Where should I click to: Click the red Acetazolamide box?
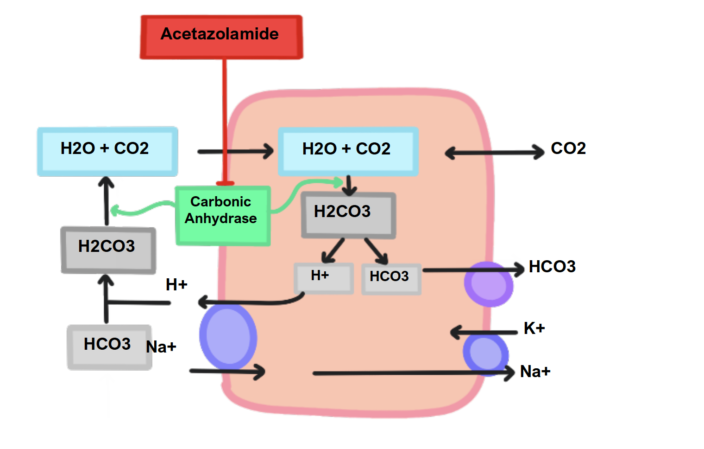[221, 37]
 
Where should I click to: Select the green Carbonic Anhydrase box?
[222, 215]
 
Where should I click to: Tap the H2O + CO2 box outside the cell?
[107, 151]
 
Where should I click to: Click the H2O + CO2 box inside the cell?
[348, 151]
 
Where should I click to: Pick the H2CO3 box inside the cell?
[348, 215]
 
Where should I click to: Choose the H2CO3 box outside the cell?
[108, 250]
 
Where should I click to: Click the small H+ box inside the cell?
[323, 278]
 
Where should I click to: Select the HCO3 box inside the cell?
[391, 279]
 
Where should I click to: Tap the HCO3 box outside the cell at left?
[109, 346]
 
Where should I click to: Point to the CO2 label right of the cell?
[568, 148]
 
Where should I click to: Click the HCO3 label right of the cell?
[552, 267]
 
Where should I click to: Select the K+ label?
[534, 328]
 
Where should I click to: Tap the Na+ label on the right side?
[535, 372]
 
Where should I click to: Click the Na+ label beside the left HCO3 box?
[161, 347]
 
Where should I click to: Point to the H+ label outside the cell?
[176, 284]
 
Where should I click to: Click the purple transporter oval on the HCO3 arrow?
[489, 284]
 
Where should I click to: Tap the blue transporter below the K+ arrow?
[485, 353]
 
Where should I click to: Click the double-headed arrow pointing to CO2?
[494, 152]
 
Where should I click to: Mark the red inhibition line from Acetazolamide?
[225, 121]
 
